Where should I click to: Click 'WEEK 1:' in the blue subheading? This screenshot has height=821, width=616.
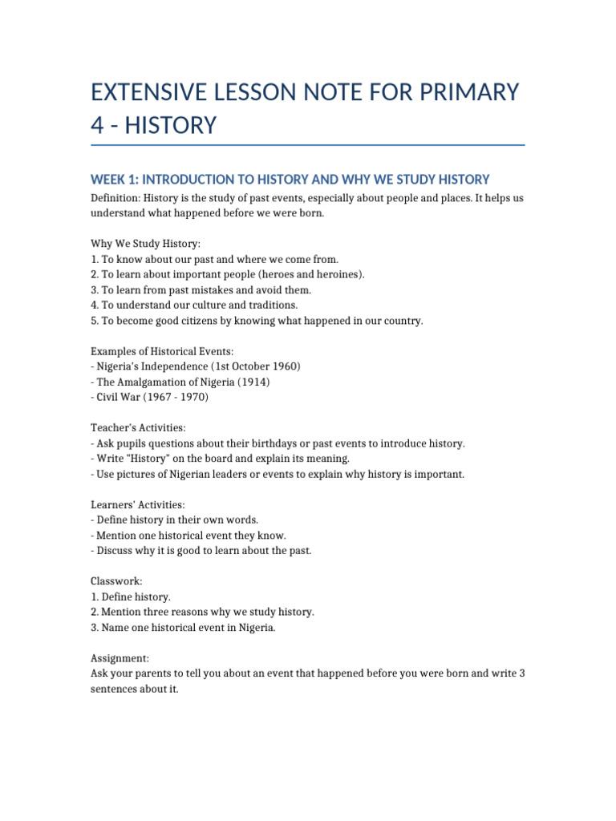click(x=114, y=180)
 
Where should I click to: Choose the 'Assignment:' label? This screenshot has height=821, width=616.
click(x=120, y=658)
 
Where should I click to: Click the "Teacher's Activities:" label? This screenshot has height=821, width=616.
click(x=138, y=428)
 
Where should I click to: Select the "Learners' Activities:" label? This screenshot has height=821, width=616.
click(x=138, y=505)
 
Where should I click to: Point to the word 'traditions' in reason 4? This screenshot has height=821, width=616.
click(x=274, y=305)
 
